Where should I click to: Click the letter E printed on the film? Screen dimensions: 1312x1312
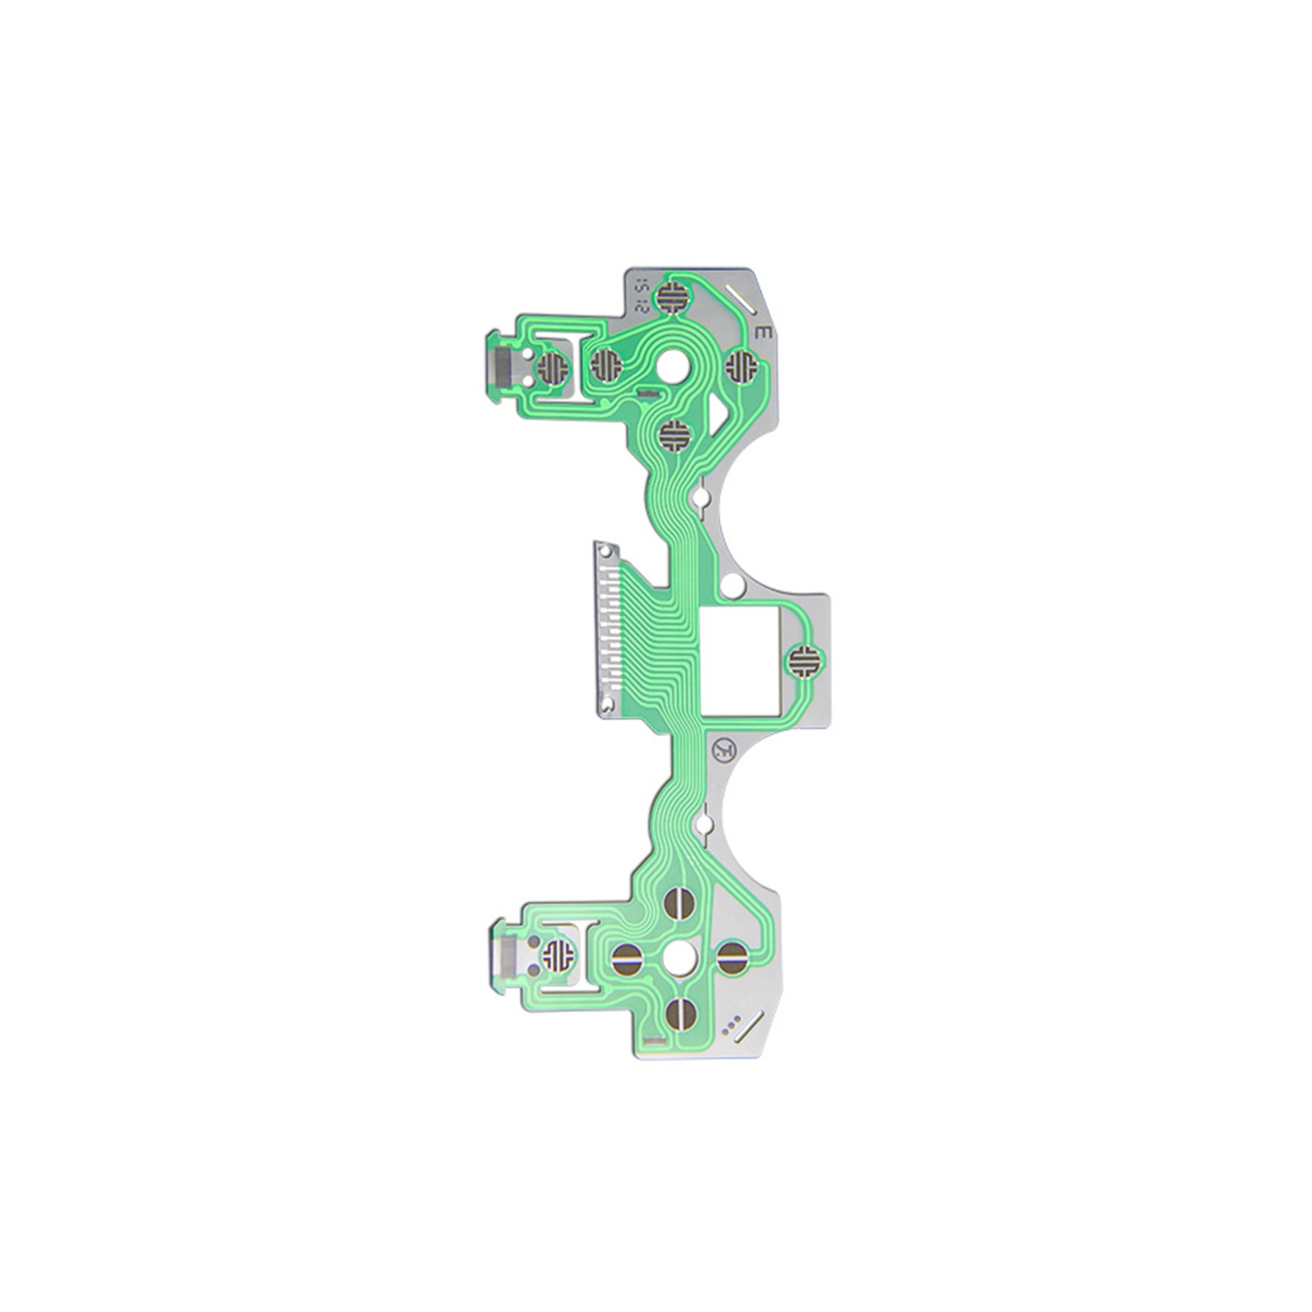point(762,332)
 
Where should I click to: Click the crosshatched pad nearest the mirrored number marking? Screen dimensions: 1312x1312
point(673,296)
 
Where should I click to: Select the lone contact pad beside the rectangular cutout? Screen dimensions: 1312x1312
point(803,660)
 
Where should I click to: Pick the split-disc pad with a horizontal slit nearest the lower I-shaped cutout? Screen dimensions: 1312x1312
point(627,960)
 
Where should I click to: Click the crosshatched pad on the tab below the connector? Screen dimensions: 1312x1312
point(555,955)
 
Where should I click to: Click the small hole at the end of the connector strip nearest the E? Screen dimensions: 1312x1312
point(604,551)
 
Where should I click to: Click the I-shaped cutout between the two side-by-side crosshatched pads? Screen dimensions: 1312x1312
point(576,366)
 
